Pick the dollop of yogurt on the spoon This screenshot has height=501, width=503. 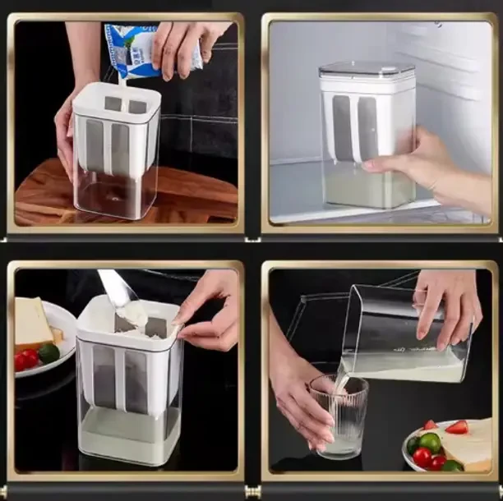point(132,315)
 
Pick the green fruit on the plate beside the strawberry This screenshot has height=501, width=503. point(430,442)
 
